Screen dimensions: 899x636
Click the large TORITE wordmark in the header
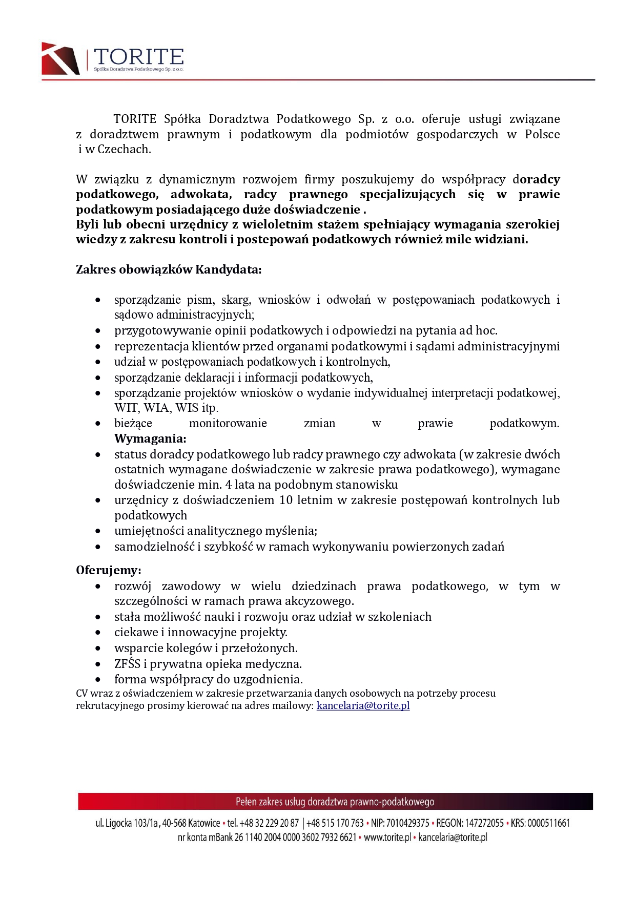pos(139,56)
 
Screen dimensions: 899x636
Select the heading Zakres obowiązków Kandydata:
pos(169,269)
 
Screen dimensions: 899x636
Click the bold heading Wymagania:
pos(150,438)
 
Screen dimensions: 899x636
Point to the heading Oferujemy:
pos(109,570)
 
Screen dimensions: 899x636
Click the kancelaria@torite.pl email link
pos(363,705)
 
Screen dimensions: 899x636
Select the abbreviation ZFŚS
pos(127,664)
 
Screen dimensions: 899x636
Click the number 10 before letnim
pos(286,500)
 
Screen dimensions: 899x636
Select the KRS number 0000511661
pos(548,823)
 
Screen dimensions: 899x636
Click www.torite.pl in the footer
pos(387,838)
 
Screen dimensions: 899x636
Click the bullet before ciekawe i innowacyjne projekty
pos(98,633)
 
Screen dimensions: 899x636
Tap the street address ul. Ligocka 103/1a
pos(127,823)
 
